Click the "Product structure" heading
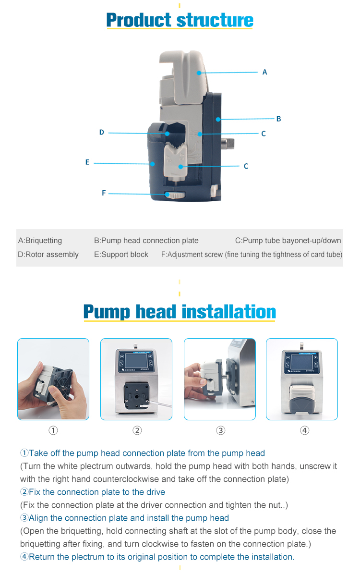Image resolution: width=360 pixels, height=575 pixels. (180, 20)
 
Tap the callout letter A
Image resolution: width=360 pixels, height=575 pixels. (264, 72)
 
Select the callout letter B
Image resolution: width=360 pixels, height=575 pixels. (278, 119)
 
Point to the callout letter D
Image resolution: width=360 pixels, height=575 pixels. (102, 132)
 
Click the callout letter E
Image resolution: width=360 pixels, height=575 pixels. (87, 162)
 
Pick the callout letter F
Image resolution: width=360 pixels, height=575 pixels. (104, 193)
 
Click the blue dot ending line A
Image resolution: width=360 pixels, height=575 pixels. (199, 73)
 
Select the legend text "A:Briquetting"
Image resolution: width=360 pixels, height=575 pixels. (40, 241)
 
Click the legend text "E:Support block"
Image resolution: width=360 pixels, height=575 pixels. (121, 255)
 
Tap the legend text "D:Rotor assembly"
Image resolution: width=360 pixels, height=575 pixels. (48, 255)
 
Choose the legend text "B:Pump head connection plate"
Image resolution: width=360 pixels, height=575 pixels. (146, 241)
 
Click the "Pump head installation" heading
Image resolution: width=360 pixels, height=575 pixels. (180, 312)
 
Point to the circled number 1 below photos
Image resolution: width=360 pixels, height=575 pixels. (53, 430)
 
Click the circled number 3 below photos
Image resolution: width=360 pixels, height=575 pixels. (221, 430)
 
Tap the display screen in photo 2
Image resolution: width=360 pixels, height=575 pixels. (136, 361)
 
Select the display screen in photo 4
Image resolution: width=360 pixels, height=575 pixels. (302, 362)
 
